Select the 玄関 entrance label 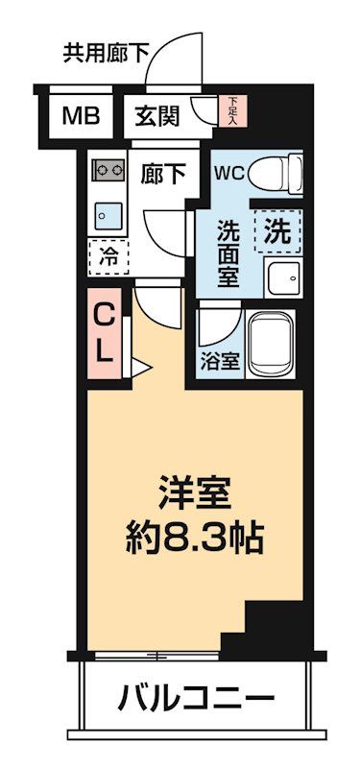156,117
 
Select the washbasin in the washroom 282,277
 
